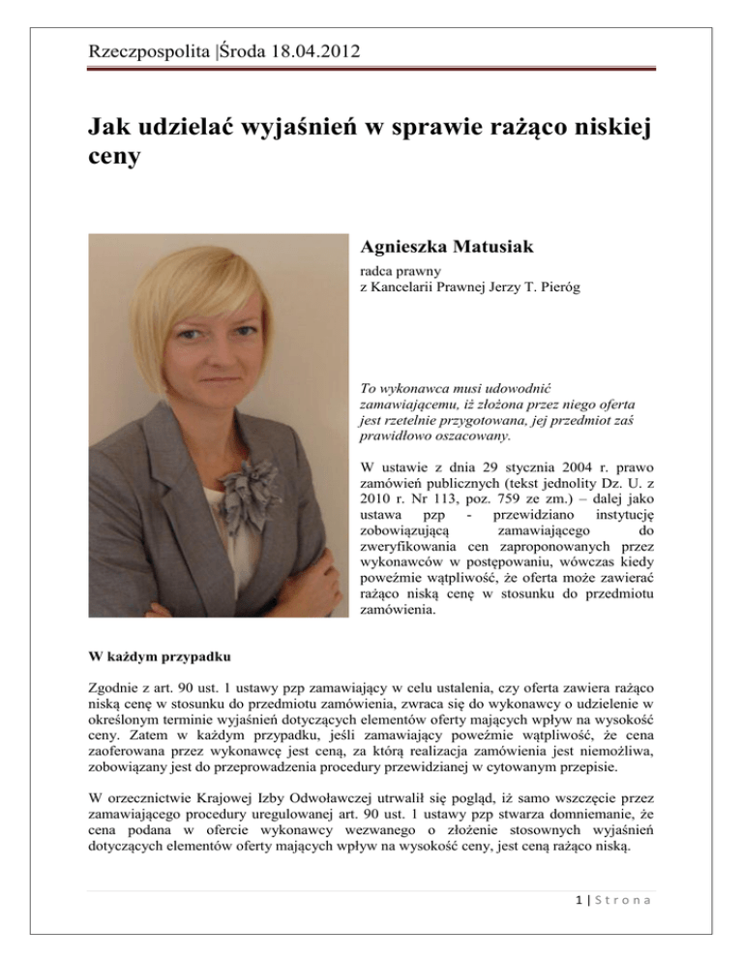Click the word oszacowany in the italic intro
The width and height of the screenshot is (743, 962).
[x=463, y=438]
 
